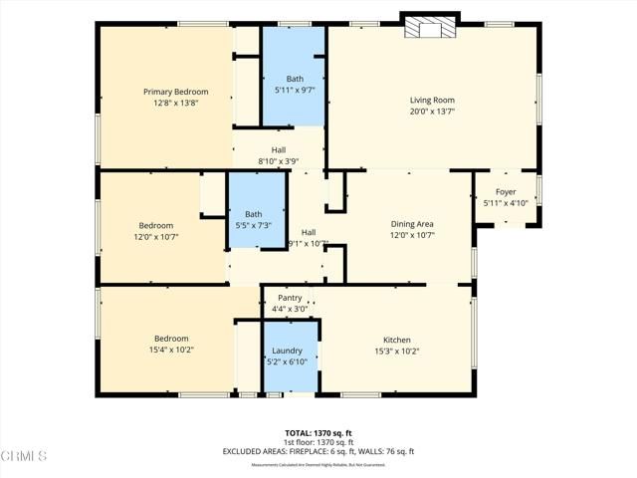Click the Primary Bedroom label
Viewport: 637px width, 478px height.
pyautogui.click(x=175, y=92)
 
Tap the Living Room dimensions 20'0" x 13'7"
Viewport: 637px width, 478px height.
pyautogui.click(x=431, y=112)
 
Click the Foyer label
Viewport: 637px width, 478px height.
pyautogui.click(x=506, y=192)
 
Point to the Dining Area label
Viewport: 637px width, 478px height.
pyautogui.click(x=411, y=224)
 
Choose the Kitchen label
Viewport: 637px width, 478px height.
pyautogui.click(x=396, y=340)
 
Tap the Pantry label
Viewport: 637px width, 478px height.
pyautogui.click(x=290, y=298)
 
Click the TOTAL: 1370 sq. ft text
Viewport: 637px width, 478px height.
pyautogui.click(x=318, y=433)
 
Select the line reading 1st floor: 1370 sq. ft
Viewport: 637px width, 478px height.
pyautogui.click(x=318, y=442)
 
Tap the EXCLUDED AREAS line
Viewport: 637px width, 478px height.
pyautogui.click(x=318, y=451)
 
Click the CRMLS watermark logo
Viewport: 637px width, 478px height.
pyautogui.click(x=25, y=456)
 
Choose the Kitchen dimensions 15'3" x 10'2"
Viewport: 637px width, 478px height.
pyautogui.click(x=396, y=351)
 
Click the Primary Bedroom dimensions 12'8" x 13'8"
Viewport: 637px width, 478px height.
pyautogui.click(x=175, y=103)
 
